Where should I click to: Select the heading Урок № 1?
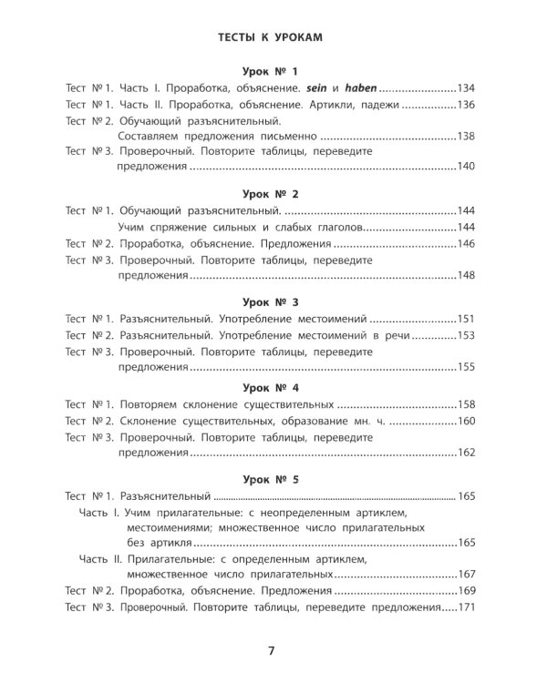point(271,72)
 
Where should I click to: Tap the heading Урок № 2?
point(271,195)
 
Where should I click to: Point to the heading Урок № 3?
point(271,301)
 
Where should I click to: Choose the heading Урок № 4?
point(271,387)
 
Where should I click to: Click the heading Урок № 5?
point(271,479)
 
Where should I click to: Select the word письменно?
point(266,137)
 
